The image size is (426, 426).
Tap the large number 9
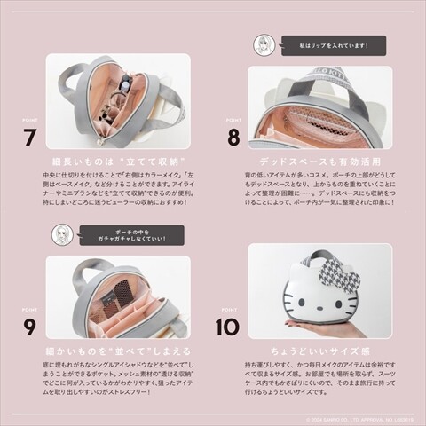29,327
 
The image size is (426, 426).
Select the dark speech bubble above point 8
332,44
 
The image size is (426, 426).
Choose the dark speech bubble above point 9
130,234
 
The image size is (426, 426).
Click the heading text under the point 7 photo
117,164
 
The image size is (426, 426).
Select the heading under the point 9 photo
117,351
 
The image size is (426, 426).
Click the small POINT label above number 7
29,120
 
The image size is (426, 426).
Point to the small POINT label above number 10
232,308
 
